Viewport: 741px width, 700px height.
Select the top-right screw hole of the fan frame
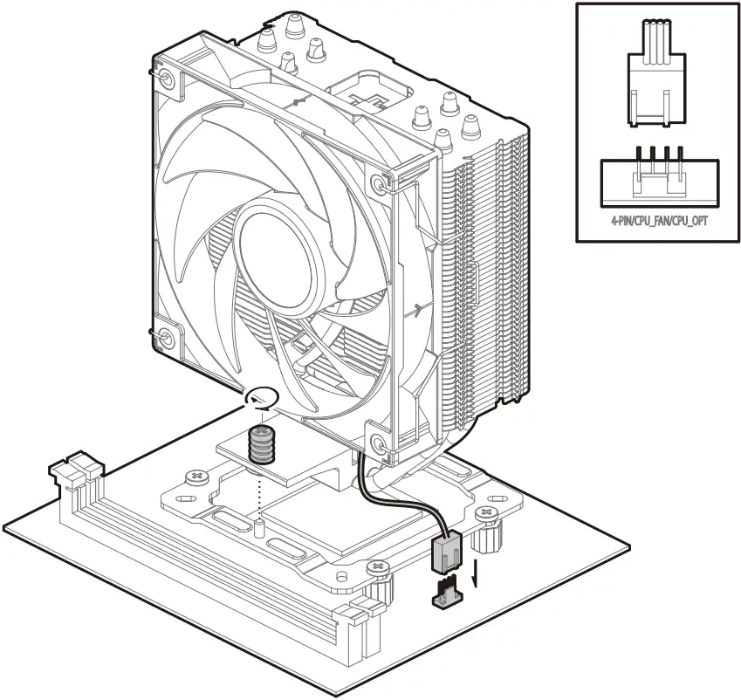(x=378, y=184)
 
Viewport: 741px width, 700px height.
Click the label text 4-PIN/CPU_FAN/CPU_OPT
(x=659, y=223)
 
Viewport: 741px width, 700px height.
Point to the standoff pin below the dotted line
(x=260, y=527)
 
